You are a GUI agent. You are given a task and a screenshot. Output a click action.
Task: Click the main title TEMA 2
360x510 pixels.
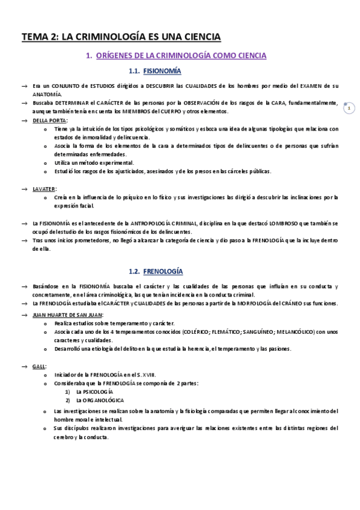121,37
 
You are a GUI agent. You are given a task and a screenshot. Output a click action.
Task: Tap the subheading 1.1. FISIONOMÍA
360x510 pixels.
159,72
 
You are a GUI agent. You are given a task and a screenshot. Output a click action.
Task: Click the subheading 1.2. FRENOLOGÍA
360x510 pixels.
156,271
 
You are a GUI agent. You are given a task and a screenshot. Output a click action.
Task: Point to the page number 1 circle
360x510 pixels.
350,108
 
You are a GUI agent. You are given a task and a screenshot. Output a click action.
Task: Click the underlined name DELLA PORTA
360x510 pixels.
50,120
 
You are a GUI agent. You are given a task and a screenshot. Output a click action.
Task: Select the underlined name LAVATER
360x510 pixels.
44,189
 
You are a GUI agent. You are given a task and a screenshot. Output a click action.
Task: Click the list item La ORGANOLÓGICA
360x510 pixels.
100,400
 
